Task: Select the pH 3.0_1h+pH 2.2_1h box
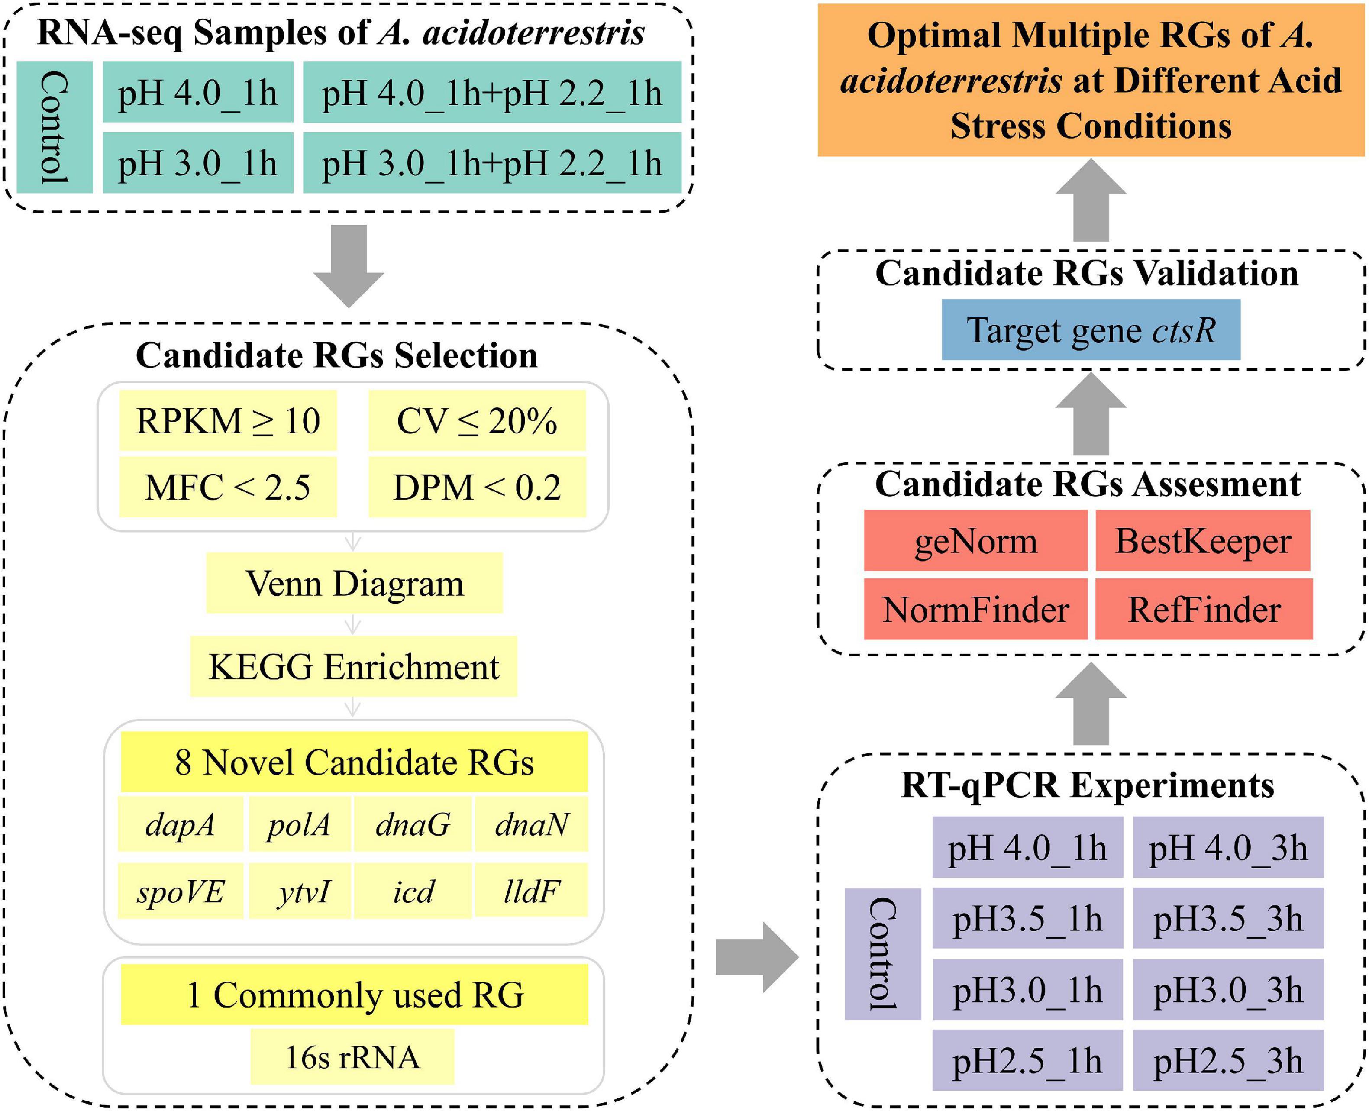[x=491, y=163]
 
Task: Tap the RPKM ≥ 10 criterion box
[x=228, y=420]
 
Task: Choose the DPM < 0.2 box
[x=477, y=487]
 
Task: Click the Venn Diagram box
[x=354, y=583]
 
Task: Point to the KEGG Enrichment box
[x=353, y=666]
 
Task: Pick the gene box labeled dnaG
[x=413, y=824]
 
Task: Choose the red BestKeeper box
[x=1203, y=541]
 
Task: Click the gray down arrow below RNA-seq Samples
[x=349, y=265]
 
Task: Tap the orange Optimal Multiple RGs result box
[x=1091, y=81]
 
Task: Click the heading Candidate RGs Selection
[x=337, y=355]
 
